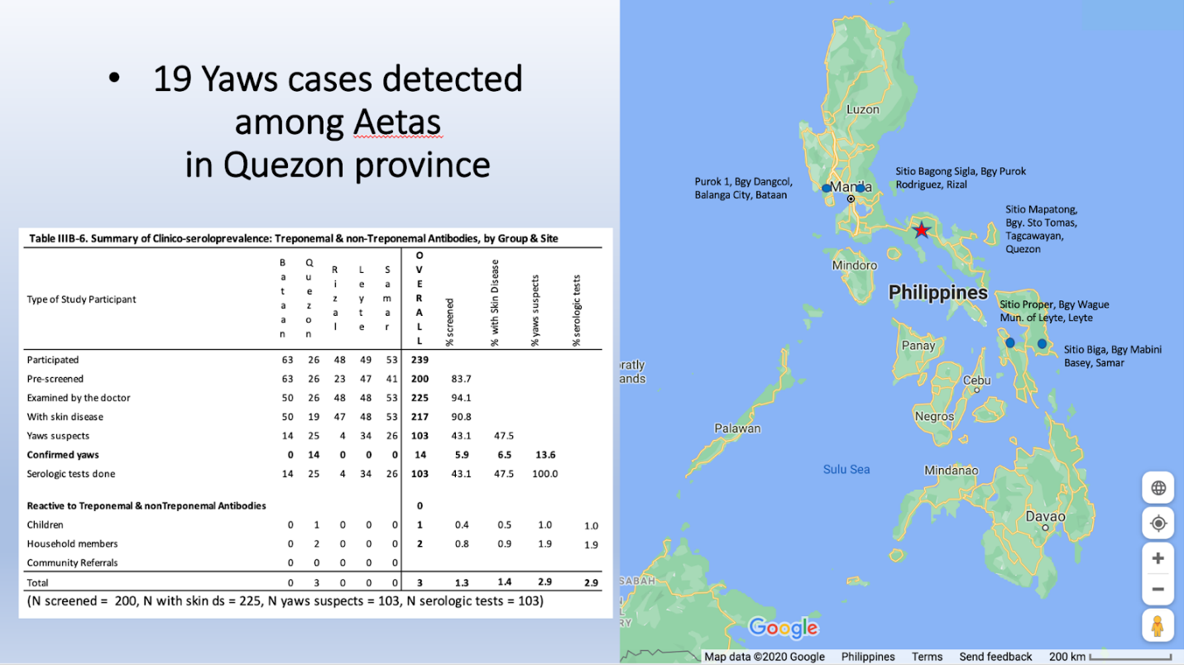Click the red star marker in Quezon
point(921,230)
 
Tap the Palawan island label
point(737,428)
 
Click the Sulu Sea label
point(846,469)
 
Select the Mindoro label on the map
point(854,266)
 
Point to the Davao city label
point(1045,516)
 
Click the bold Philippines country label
point(937,292)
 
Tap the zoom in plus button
point(1158,558)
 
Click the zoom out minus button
point(1158,589)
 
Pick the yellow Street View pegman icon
point(1158,626)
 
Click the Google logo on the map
point(784,628)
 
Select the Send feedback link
point(995,657)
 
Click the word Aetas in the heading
point(397,122)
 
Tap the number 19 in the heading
point(172,79)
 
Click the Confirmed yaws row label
point(63,455)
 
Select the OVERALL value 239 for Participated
point(419,360)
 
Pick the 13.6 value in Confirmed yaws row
point(545,455)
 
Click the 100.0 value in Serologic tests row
point(545,474)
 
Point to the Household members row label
point(73,543)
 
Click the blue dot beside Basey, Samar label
point(1042,343)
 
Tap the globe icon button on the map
point(1158,487)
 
